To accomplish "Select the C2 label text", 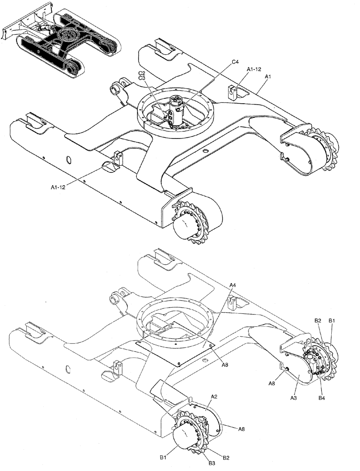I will [141, 73].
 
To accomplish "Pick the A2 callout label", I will [213, 397].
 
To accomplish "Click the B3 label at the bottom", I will [212, 463].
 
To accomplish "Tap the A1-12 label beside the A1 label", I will [254, 69].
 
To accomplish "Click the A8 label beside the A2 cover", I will [241, 429].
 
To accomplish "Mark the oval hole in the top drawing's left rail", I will [69, 160].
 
